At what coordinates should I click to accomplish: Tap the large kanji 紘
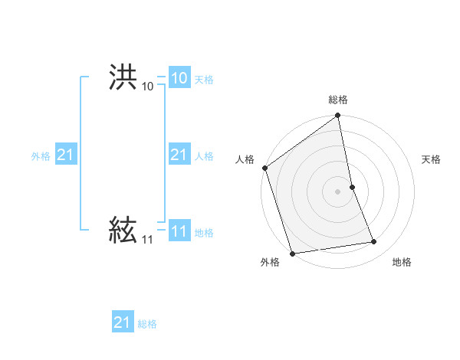[123, 229]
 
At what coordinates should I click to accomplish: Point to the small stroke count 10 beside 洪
[147, 87]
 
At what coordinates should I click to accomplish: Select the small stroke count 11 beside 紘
[147, 240]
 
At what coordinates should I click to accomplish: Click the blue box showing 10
[179, 78]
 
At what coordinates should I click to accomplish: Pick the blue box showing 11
[179, 231]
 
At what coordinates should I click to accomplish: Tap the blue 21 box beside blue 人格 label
[179, 155]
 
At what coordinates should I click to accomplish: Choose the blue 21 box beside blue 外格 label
[66, 155]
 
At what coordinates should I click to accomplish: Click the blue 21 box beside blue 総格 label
[122, 322]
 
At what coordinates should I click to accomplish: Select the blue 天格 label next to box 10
[204, 80]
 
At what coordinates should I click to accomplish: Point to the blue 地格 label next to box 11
[204, 233]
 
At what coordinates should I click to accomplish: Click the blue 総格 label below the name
[147, 324]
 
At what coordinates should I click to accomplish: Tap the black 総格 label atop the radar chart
[338, 100]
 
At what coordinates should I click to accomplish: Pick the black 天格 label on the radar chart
[431, 159]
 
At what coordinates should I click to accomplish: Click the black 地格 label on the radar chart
[402, 262]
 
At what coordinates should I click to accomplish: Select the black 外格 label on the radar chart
[270, 262]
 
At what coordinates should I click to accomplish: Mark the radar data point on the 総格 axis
[338, 116]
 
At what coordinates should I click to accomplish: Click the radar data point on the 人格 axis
[265, 168]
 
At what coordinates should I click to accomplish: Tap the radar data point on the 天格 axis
[352, 187]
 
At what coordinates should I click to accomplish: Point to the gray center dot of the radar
[338, 191]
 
